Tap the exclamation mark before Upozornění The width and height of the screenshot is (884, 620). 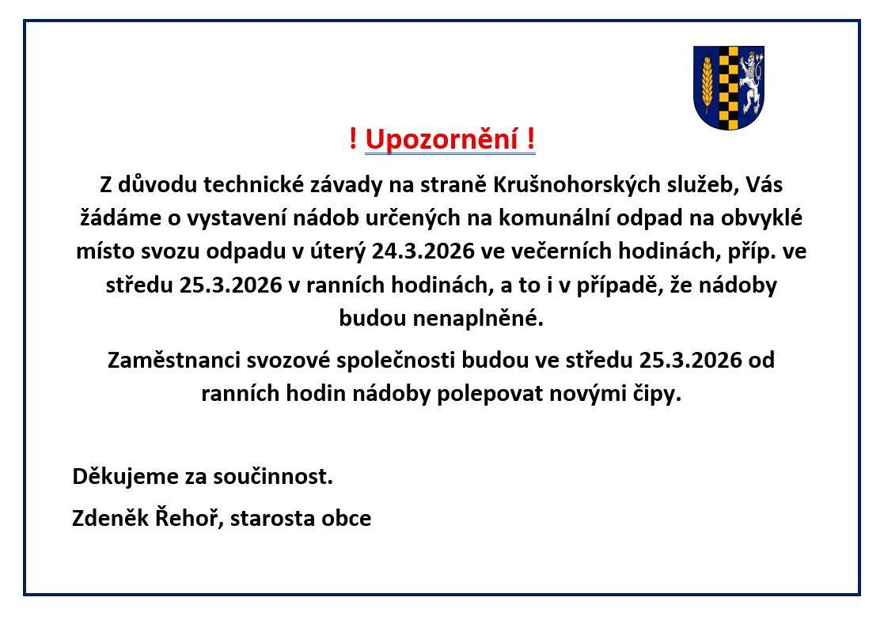tap(352, 140)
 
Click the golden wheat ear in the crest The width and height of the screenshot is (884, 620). tap(707, 85)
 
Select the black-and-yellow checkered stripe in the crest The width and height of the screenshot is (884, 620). tap(728, 87)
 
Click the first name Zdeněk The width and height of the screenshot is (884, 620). tap(104, 518)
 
